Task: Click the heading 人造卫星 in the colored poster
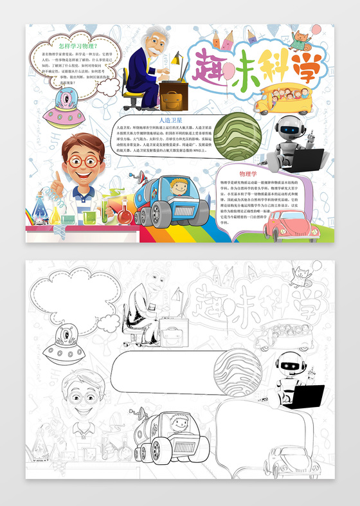coord(172,120)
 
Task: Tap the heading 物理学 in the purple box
coord(248,174)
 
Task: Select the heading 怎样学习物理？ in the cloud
coord(77,46)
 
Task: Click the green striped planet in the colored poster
coord(237,136)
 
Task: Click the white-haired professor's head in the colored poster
coord(153,42)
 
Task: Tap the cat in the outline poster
coord(301,276)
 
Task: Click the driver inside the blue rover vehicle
coord(178,188)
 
